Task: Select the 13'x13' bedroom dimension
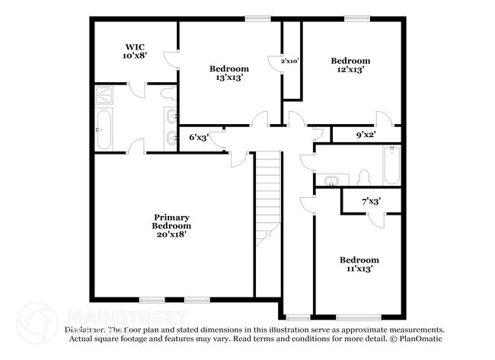[x=228, y=78]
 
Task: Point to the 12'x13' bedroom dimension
[x=350, y=70]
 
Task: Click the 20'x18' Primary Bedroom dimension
[x=171, y=235]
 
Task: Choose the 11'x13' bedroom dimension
[x=359, y=269]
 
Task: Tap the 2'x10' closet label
[x=289, y=61]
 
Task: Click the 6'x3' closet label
[x=198, y=138]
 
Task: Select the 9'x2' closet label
[x=366, y=136]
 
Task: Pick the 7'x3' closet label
[x=370, y=202]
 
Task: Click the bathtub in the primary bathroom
[x=104, y=130]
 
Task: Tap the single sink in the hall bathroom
[x=331, y=180]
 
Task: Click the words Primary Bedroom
[x=171, y=221]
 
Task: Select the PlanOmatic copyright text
[x=417, y=338]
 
